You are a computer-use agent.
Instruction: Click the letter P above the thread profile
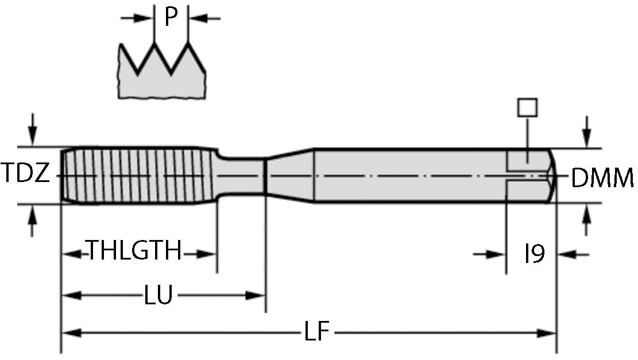click(x=171, y=18)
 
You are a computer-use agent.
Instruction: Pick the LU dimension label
click(x=158, y=296)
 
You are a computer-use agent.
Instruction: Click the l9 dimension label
click(x=534, y=253)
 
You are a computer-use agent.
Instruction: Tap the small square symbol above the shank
click(x=527, y=107)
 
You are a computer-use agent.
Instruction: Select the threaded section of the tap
click(x=138, y=175)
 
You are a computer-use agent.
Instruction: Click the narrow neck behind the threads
click(x=241, y=175)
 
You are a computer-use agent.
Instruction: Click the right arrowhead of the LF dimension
click(x=548, y=332)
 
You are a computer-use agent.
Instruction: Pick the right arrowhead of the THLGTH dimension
click(x=207, y=253)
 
